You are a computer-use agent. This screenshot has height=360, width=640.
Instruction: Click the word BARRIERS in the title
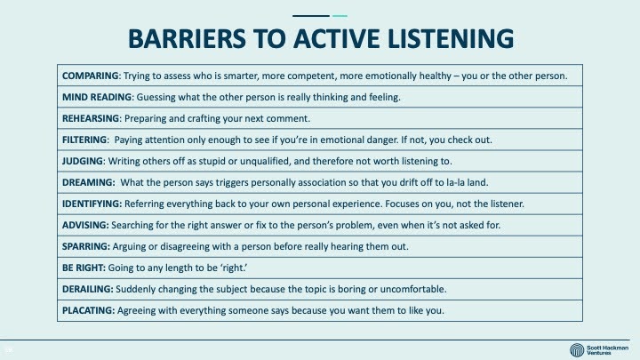click(187, 39)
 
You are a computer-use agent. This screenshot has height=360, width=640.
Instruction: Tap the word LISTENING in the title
click(450, 39)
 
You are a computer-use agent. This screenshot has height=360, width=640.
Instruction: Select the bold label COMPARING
click(90, 76)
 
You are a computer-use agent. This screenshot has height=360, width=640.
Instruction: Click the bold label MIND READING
click(97, 97)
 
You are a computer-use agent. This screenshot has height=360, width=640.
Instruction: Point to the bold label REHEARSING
click(91, 118)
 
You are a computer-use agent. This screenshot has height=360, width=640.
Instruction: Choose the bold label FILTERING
click(84, 140)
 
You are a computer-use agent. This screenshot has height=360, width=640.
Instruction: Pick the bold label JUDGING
click(83, 161)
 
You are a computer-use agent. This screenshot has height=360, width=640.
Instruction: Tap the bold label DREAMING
click(88, 182)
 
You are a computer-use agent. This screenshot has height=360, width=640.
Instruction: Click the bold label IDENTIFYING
click(92, 204)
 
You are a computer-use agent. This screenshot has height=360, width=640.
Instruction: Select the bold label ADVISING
click(85, 225)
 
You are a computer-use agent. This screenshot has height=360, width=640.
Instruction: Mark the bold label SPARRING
click(85, 246)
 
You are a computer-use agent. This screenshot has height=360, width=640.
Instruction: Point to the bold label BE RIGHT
click(84, 268)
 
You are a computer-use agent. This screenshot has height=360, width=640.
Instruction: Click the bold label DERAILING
click(87, 289)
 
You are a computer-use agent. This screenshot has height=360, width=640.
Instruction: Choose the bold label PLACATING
click(88, 310)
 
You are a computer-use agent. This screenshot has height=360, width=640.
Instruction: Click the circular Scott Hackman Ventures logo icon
click(577, 350)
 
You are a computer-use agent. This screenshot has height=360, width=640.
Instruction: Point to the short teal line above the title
click(340, 16)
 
